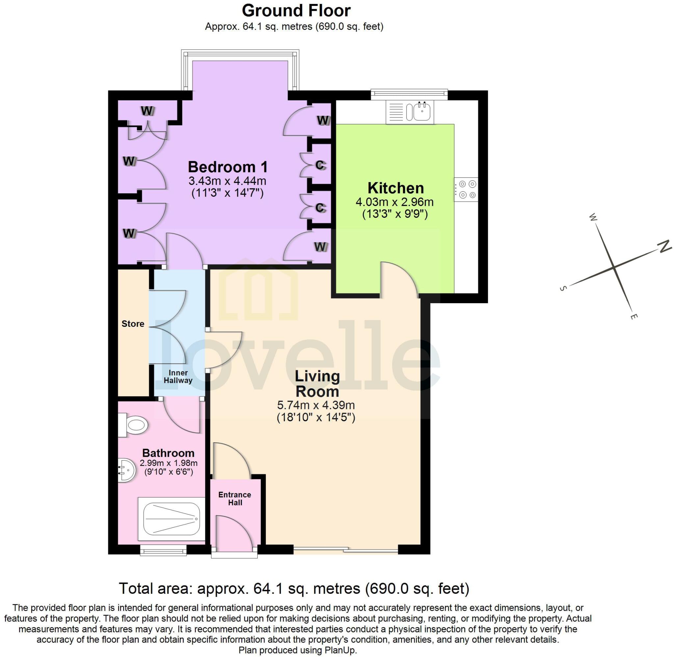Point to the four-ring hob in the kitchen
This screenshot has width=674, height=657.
[x=466, y=189]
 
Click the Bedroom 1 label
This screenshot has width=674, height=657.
[x=227, y=167]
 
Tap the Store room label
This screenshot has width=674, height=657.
[x=133, y=324]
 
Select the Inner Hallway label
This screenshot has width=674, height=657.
[x=178, y=377]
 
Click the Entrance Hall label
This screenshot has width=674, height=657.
[x=235, y=499]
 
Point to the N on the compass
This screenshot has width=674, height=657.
[x=664, y=246]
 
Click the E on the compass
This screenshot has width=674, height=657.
[x=633, y=316]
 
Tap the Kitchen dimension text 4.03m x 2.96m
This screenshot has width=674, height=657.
[x=394, y=202]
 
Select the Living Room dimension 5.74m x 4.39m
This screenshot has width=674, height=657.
[x=316, y=405]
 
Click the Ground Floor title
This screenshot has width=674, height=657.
[x=296, y=11]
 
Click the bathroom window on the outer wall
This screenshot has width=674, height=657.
[x=163, y=551]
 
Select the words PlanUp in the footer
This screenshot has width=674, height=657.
[x=340, y=650]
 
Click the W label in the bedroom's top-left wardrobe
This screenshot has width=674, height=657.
[x=147, y=111]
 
